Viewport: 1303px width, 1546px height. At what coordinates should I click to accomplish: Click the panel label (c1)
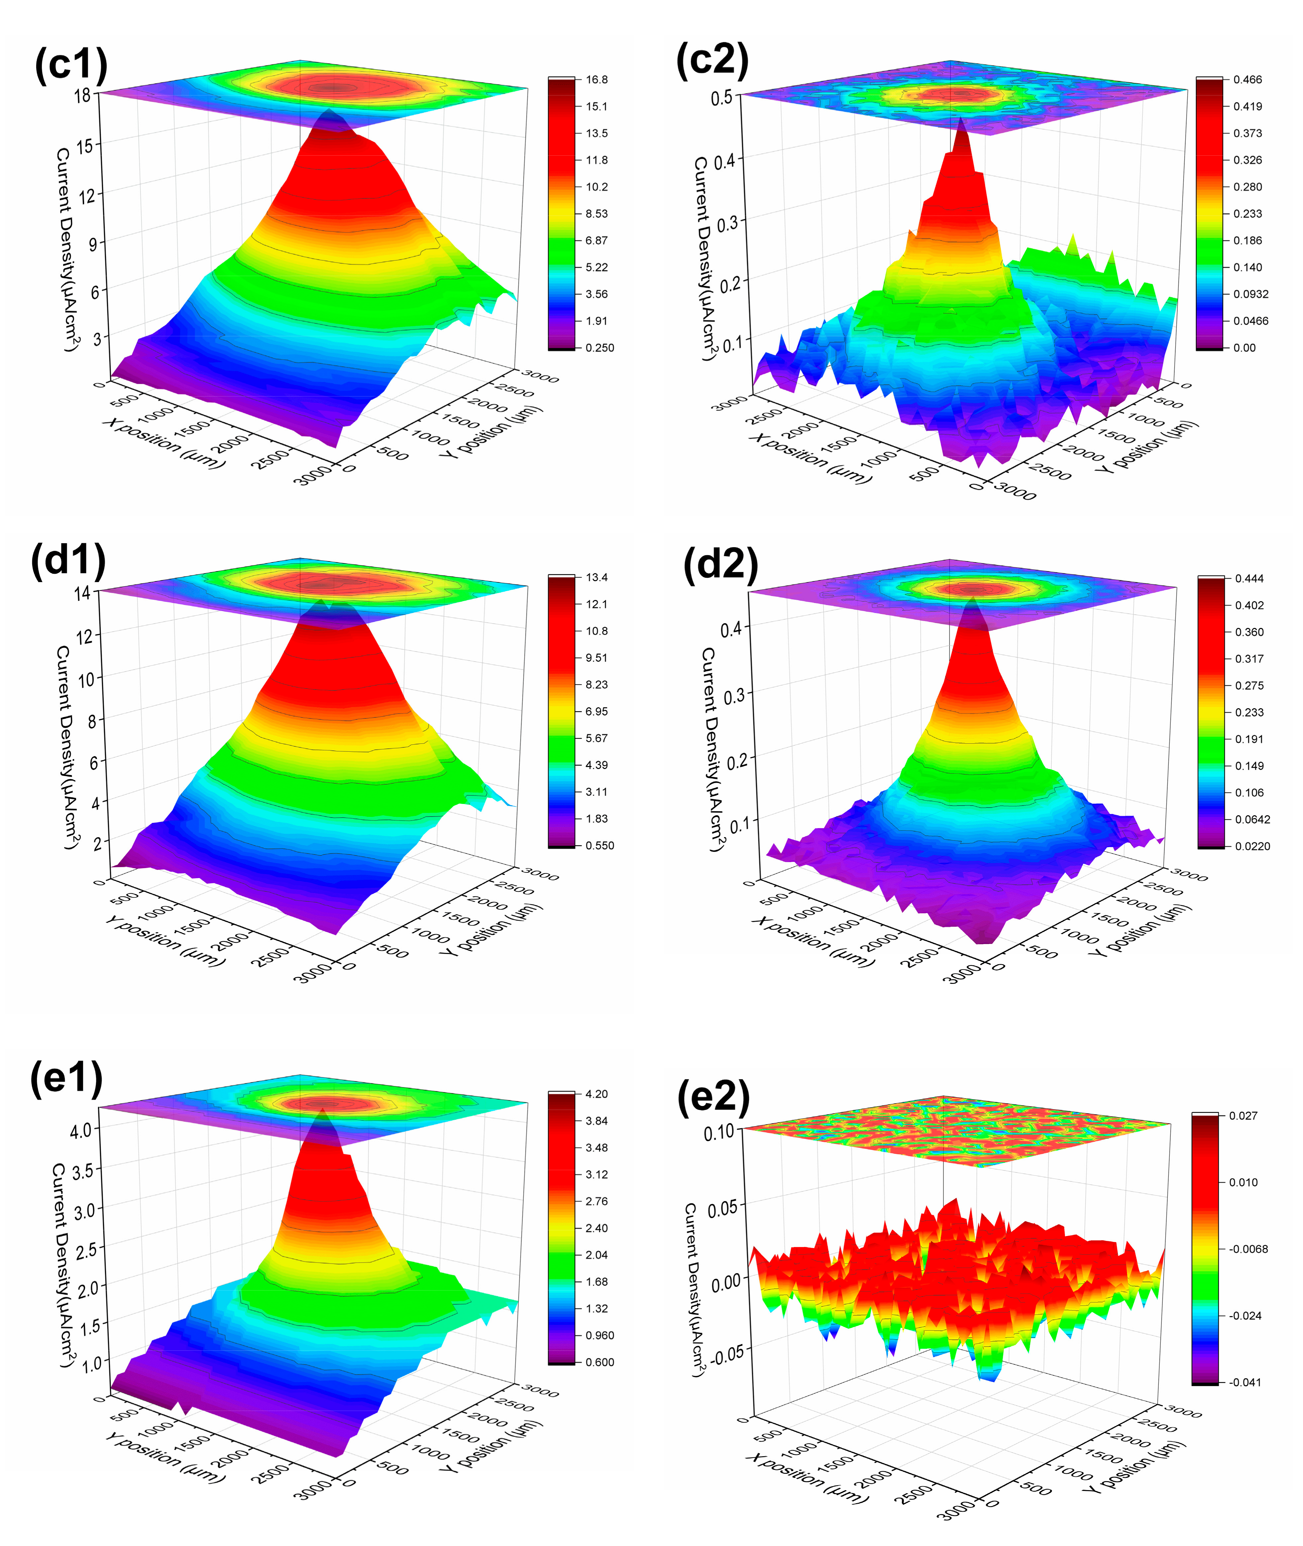point(71,65)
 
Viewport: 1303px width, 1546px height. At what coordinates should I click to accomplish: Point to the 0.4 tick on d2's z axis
point(731,630)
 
